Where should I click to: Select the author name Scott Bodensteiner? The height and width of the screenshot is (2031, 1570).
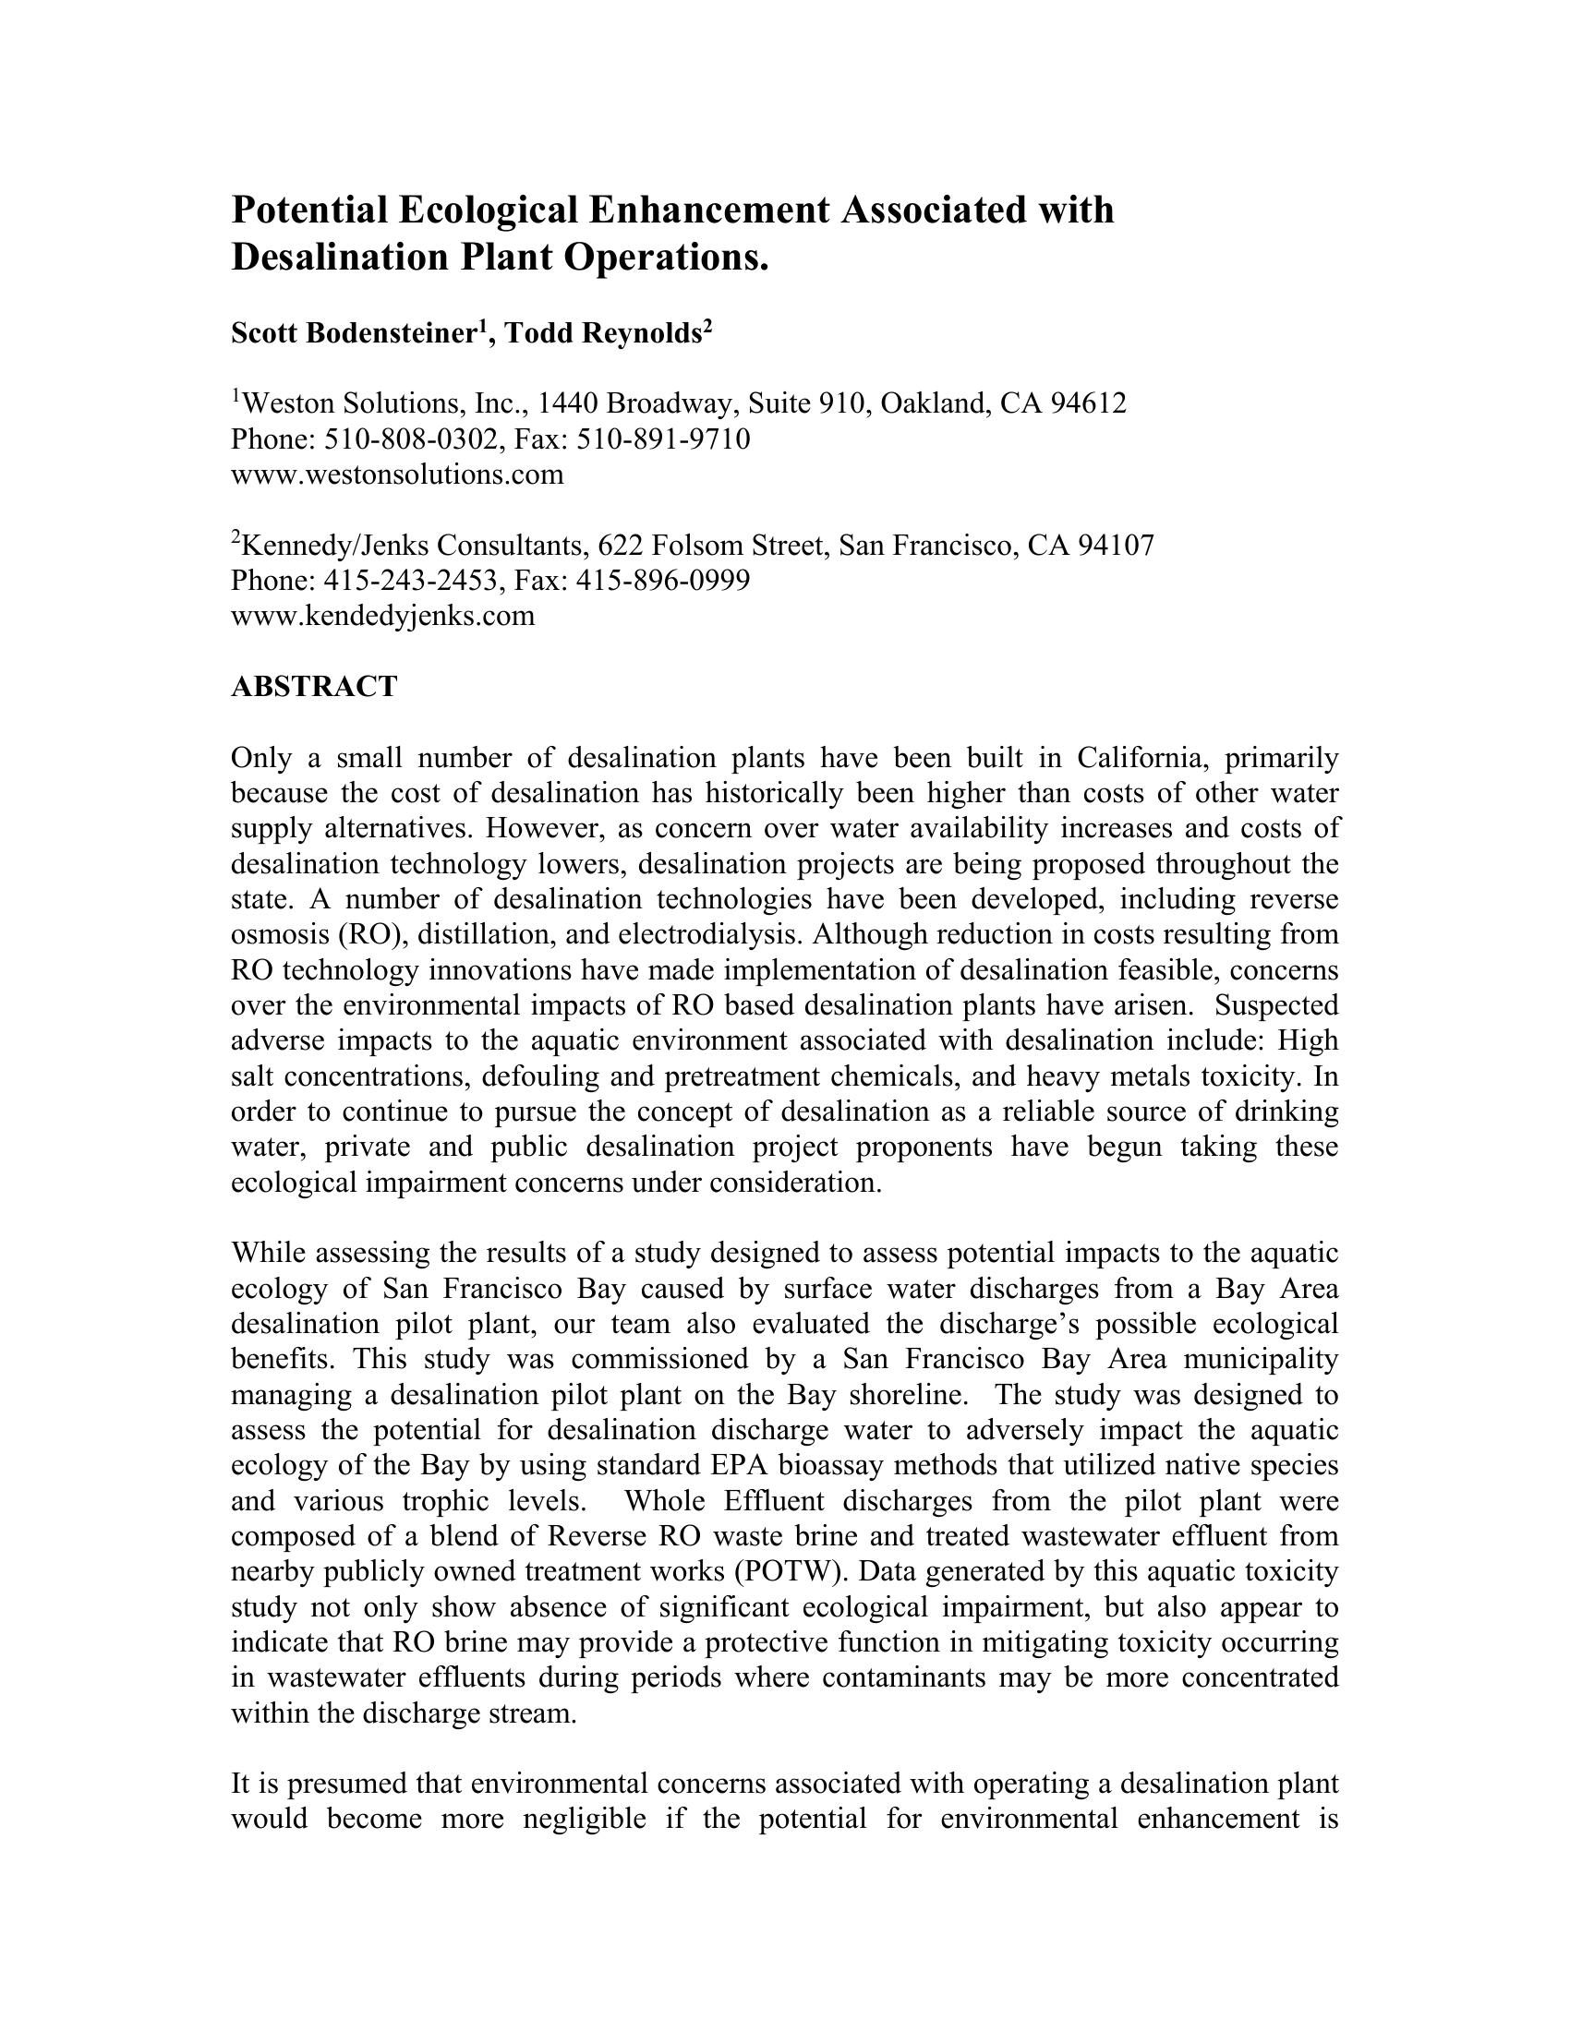tap(355, 333)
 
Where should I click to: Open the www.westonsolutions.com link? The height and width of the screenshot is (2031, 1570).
tap(397, 475)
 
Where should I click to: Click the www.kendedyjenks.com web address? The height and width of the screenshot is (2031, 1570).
tap(382, 616)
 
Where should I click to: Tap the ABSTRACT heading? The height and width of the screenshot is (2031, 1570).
tap(313, 687)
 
